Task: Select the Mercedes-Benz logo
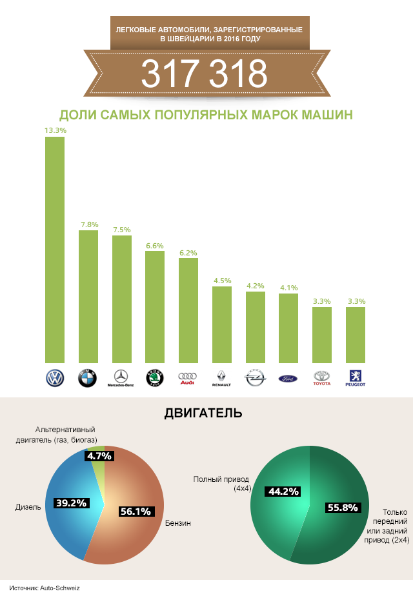pyautogui.click(x=121, y=378)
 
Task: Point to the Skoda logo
pyautogui.click(x=154, y=378)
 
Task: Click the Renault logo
pyautogui.click(x=221, y=378)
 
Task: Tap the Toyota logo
pyautogui.click(x=321, y=378)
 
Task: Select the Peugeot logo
pyautogui.click(x=356, y=378)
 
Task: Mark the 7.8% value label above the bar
pyautogui.click(x=89, y=224)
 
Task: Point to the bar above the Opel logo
pyautogui.click(x=256, y=328)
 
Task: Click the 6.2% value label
pyautogui.click(x=188, y=253)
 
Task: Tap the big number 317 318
pyautogui.click(x=204, y=74)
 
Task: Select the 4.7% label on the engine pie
pyautogui.click(x=99, y=456)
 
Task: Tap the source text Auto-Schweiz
pyautogui.click(x=62, y=588)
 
